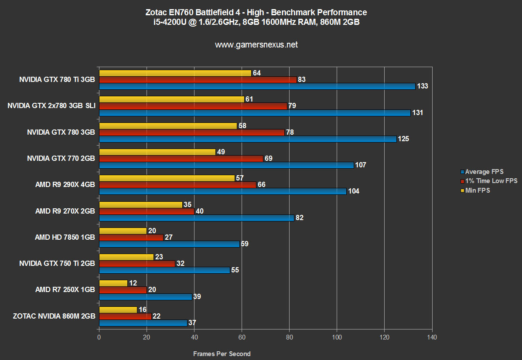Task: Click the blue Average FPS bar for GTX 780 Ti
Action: (257, 86)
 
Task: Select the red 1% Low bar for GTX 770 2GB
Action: (181, 158)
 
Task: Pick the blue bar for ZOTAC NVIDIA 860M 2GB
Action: (143, 323)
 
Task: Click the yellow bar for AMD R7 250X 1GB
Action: (113, 283)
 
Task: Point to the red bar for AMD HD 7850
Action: (131, 237)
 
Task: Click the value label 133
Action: (423, 86)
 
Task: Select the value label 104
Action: (354, 191)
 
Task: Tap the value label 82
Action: (299, 218)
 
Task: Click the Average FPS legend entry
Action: (484, 172)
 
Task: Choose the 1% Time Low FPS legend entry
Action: (491, 181)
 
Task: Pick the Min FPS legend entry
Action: (478, 190)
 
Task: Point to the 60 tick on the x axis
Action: (242, 337)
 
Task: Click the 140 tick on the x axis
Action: (432, 337)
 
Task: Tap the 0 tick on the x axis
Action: (99, 337)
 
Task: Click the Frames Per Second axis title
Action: (222, 354)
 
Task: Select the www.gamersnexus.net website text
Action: (256, 44)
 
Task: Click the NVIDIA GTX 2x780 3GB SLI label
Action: (51, 106)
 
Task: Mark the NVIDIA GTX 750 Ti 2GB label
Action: (57, 263)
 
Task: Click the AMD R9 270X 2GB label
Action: (65, 211)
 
